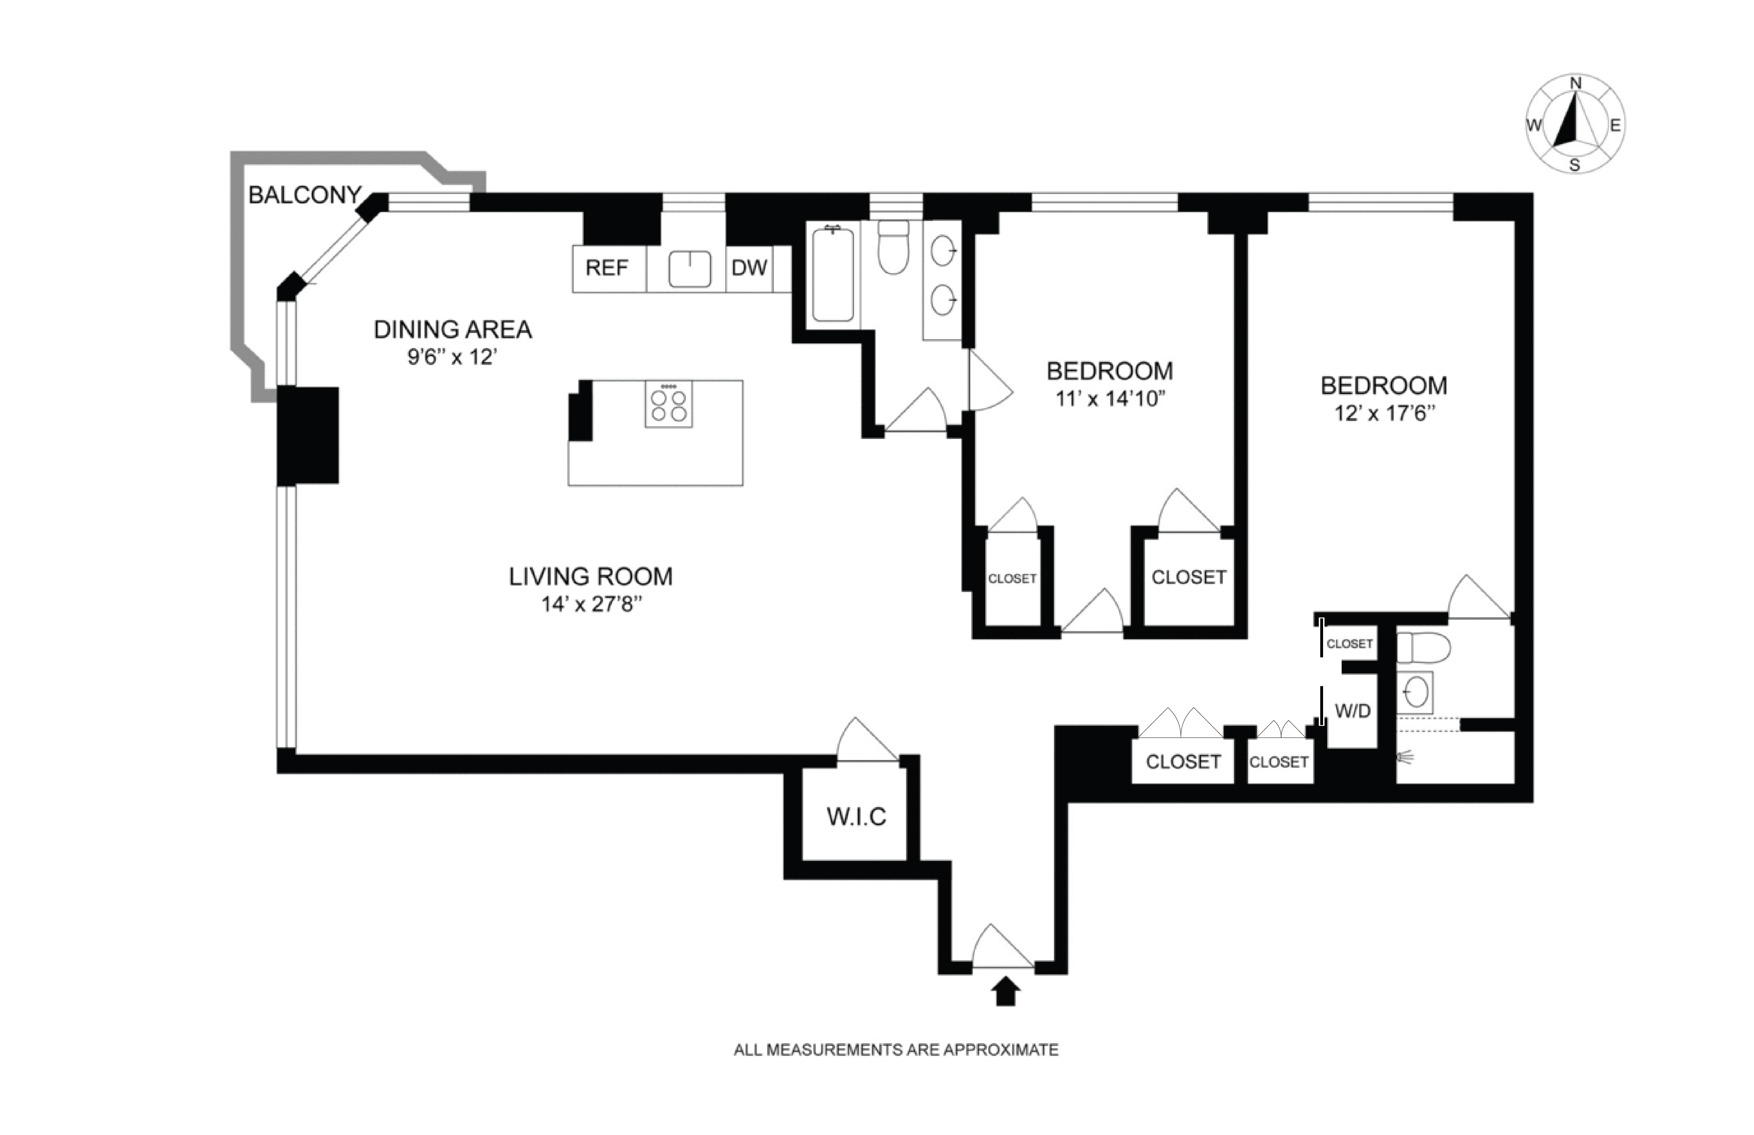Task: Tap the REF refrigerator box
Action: [x=607, y=268]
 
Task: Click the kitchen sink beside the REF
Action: [x=689, y=269]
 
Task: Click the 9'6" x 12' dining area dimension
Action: [x=453, y=357]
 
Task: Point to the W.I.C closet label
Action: [x=856, y=817]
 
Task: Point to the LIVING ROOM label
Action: [x=591, y=576]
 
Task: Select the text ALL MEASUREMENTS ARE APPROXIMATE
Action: [x=896, y=1049]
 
